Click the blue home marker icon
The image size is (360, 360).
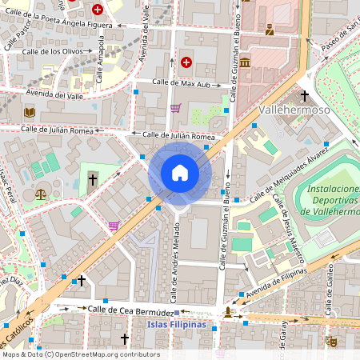point(179,173)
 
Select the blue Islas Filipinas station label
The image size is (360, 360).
point(177,324)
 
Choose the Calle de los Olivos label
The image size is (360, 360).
point(55,51)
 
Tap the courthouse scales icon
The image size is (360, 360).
point(40,193)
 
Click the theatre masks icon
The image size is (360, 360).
point(332,342)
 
